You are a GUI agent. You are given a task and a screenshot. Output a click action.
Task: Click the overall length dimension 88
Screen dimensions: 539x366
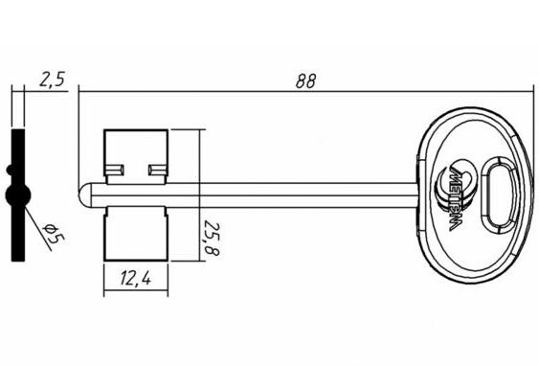point(305,81)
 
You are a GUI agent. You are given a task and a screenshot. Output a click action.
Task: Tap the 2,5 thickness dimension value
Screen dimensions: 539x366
point(52,80)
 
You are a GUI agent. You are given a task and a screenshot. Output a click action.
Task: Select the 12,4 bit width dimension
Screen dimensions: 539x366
point(135,278)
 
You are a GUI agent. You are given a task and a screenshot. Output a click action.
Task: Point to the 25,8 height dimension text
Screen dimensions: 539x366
point(212,238)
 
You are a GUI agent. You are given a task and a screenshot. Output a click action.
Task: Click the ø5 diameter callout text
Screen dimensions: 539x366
point(54,234)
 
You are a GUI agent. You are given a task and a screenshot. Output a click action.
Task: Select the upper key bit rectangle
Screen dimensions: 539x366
point(136,156)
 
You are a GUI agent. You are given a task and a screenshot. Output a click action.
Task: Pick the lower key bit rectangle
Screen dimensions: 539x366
point(136,234)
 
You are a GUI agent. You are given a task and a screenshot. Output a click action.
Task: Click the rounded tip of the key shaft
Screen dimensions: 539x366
point(84,195)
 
